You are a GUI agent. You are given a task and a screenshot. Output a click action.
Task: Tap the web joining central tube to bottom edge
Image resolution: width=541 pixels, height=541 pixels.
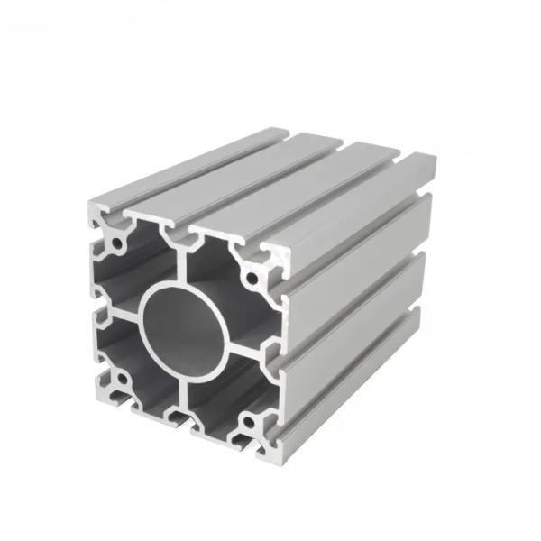(184, 397)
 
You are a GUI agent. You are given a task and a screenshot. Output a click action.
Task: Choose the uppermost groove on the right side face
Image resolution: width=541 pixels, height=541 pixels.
(361, 248)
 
